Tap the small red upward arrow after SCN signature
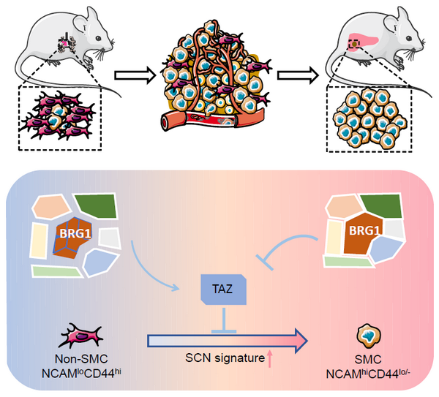[x=269, y=359]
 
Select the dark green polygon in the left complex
[x=97, y=206]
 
